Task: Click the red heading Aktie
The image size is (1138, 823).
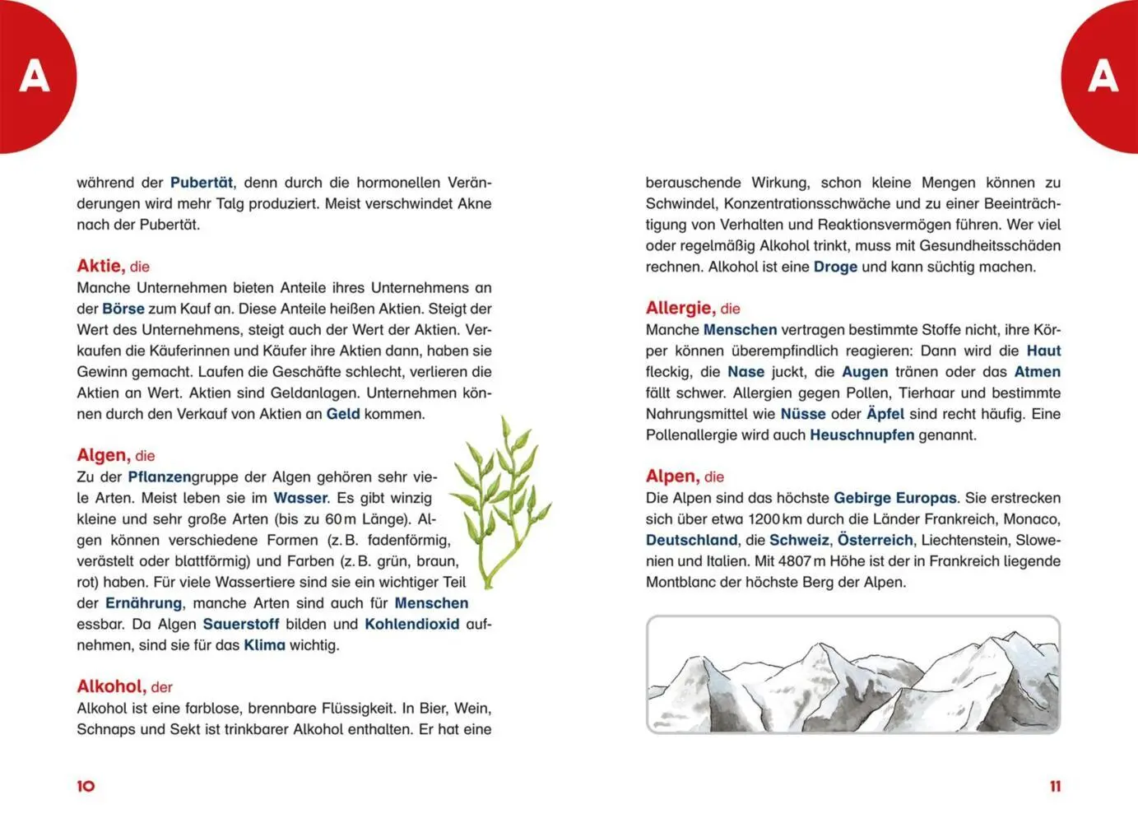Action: pyautogui.click(x=100, y=266)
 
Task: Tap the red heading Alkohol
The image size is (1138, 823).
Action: pyautogui.click(x=111, y=686)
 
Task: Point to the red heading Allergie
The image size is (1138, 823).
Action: pyautogui.click(x=680, y=308)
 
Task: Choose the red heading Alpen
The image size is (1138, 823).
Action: pyautogui.click(x=671, y=477)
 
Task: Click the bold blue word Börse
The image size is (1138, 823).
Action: pyautogui.click(x=123, y=309)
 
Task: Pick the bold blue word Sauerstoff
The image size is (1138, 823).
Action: pyautogui.click(x=241, y=624)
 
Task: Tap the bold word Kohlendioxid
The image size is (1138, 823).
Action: pyautogui.click(x=411, y=624)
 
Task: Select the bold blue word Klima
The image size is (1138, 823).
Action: pyautogui.click(x=264, y=645)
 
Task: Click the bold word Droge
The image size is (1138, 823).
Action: pyautogui.click(x=835, y=267)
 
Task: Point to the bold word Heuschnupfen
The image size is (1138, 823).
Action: pyautogui.click(x=862, y=435)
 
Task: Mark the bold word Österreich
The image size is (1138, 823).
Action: pyautogui.click(x=875, y=540)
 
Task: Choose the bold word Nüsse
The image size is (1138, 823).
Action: pyautogui.click(x=802, y=414)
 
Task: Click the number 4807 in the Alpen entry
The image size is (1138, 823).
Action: pyautogui.click(x=795, y=561)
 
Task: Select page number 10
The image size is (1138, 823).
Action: pyautogui.click(x=86, y=786)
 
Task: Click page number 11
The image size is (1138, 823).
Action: pyautogui.click(x=1055, y=786)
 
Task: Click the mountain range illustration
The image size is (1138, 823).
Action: pyautogui.click(x=852, y=674)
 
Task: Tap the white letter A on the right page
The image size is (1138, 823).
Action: pyautogui.click(x=1103, y=77)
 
